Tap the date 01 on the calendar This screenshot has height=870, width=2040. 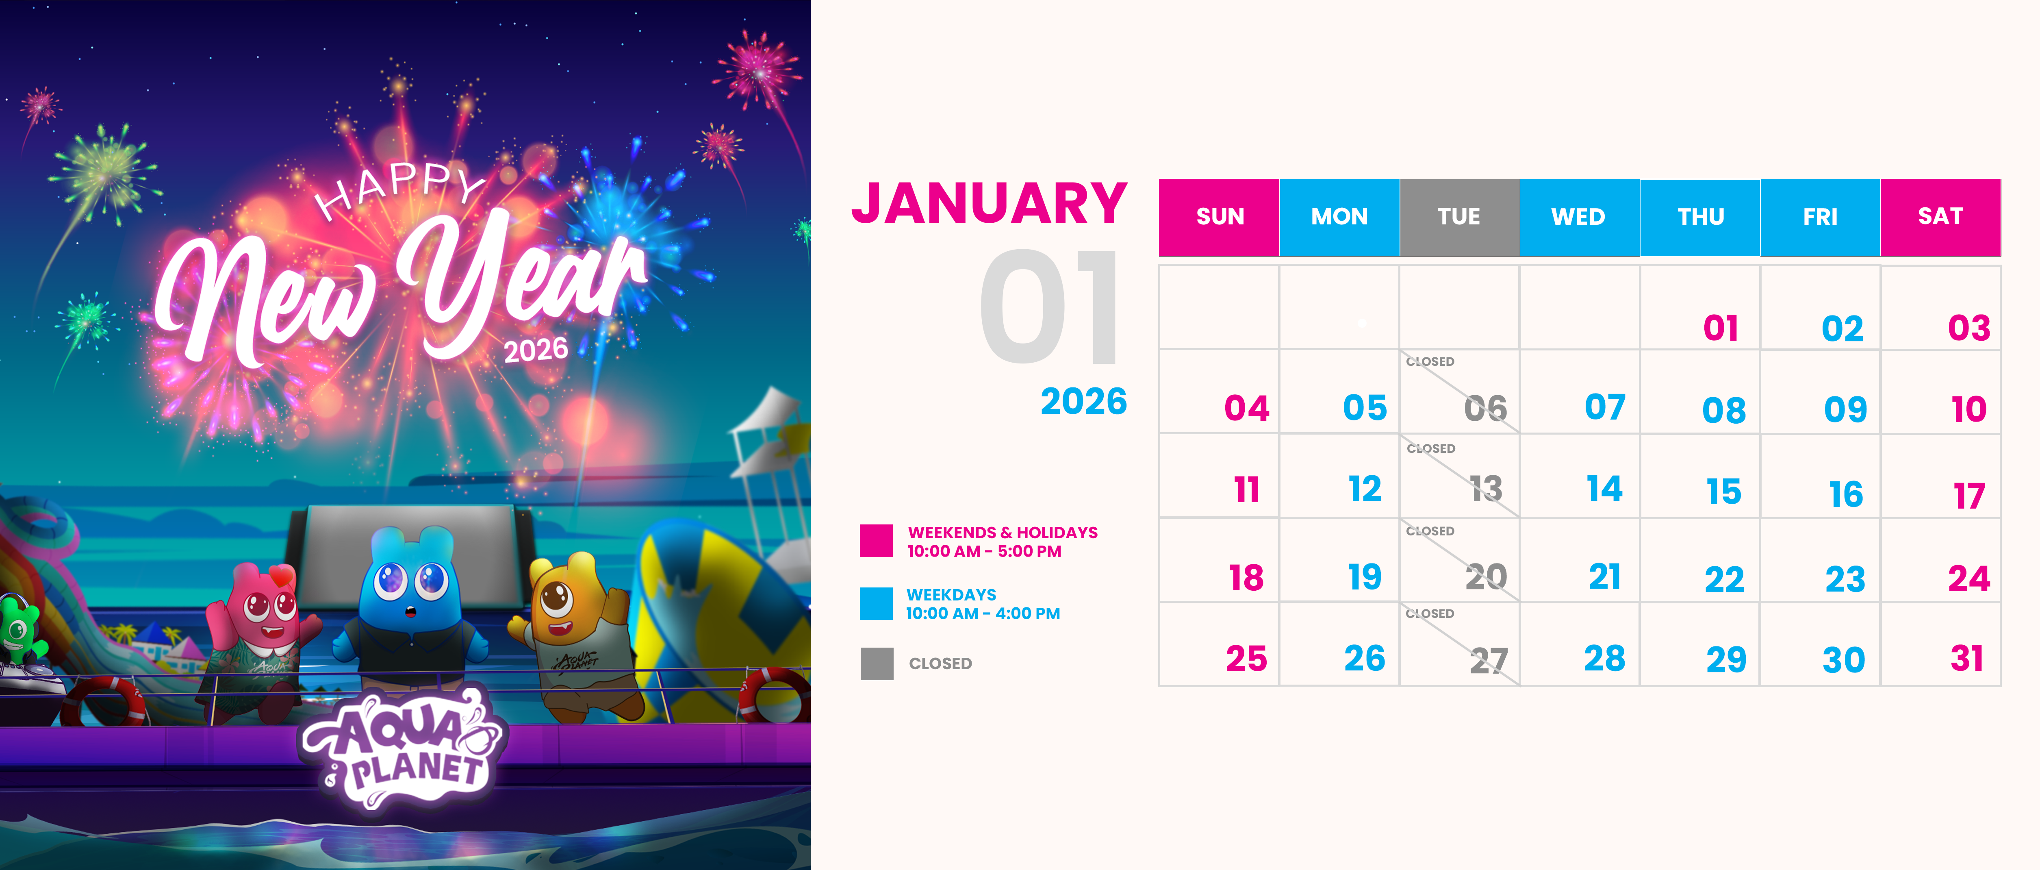1721,328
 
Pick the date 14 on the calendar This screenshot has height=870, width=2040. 1604,488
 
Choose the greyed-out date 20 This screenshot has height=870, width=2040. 1486,576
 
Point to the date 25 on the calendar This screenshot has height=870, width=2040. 1246,659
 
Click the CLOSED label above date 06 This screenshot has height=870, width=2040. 1430,361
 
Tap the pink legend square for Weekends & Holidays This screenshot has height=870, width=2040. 877,540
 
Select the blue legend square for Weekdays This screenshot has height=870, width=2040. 877,603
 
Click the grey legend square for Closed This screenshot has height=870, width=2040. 877,663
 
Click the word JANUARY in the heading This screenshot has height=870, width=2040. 989,204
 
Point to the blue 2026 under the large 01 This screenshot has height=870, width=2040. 1083,402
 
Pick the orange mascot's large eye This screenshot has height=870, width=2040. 557,596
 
